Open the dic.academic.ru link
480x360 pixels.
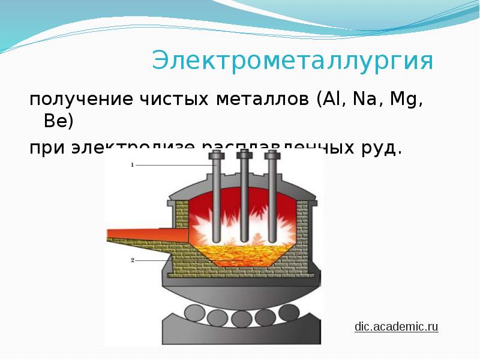click(397, 326)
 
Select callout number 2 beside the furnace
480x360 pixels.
click(131, 260)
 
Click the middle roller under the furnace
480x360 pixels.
click(242, 317)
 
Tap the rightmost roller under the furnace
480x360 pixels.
click(289, 313)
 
